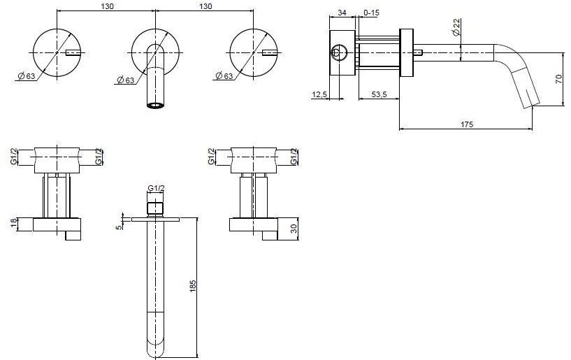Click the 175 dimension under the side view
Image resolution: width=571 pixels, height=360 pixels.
click(x=467, y=124)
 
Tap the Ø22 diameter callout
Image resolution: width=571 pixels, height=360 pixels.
click(x=456, y=29)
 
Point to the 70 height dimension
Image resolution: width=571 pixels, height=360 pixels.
click(x=558, y=79)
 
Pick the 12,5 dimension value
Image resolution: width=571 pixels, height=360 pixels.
click(x=321, y=93)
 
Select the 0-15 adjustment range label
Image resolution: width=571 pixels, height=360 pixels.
click(x=371, y=12)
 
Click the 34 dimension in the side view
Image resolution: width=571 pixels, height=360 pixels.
click(x=342, y=12)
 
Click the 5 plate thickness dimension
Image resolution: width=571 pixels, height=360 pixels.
click(x=120, y=225)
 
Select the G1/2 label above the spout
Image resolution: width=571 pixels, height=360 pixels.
click(x=156, y=188)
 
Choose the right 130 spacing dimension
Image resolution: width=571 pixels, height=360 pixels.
click(x=205, y=6)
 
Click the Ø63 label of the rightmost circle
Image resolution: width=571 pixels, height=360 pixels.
click(x=224, y=75)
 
